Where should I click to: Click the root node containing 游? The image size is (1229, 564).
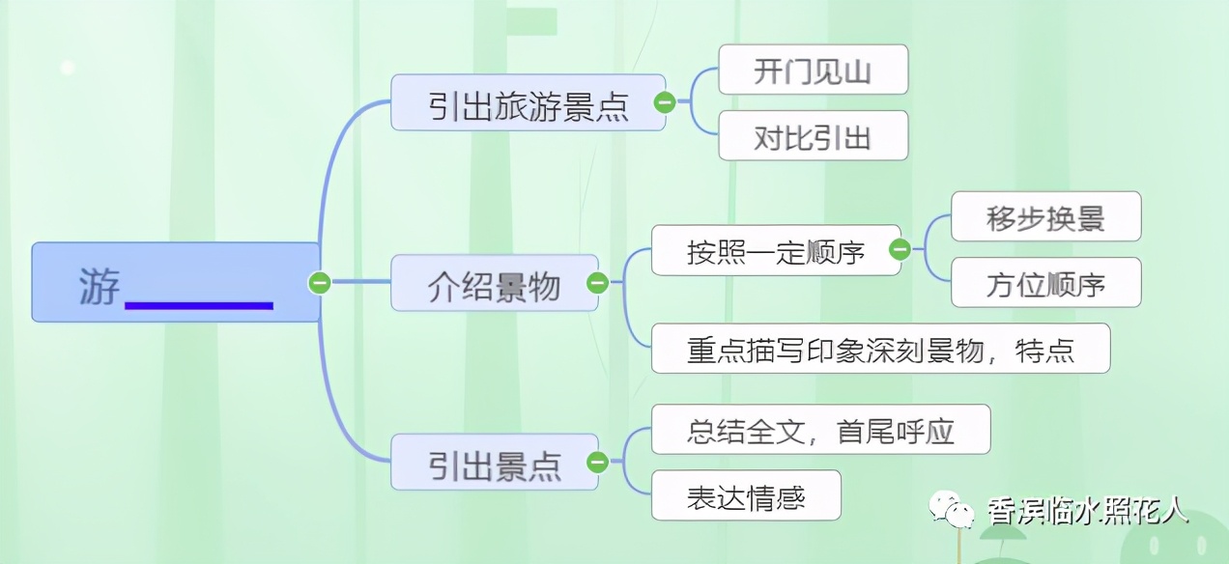[176, 282]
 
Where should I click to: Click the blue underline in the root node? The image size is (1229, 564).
[199, 305]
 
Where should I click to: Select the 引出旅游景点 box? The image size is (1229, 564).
[529, 102]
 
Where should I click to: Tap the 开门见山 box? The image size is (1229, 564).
[814, 70]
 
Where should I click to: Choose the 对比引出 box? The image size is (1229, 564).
[814, 135]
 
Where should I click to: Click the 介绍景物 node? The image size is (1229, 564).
[495, 283]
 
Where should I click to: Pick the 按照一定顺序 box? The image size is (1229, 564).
[776, 250]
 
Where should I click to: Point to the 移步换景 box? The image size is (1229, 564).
[1045, 216]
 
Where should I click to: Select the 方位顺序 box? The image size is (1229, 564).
[1045, 282]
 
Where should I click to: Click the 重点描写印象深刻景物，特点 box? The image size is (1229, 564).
[880, 349]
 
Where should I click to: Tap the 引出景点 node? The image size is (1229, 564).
[495, 462]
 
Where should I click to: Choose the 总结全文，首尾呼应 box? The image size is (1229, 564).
[821, 429]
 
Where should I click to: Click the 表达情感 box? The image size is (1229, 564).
[746, 494]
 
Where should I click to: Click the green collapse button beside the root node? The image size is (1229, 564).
[319, 283]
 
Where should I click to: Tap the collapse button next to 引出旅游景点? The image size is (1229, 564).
[665, 102]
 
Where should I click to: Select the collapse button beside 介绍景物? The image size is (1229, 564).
[597, 283]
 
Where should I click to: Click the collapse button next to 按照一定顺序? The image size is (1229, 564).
[900, 250]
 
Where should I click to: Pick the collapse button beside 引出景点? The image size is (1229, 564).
[597, 462]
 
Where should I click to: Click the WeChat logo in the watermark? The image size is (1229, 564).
[952, 509]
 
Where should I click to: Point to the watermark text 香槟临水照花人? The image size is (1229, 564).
[1088, 511]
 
